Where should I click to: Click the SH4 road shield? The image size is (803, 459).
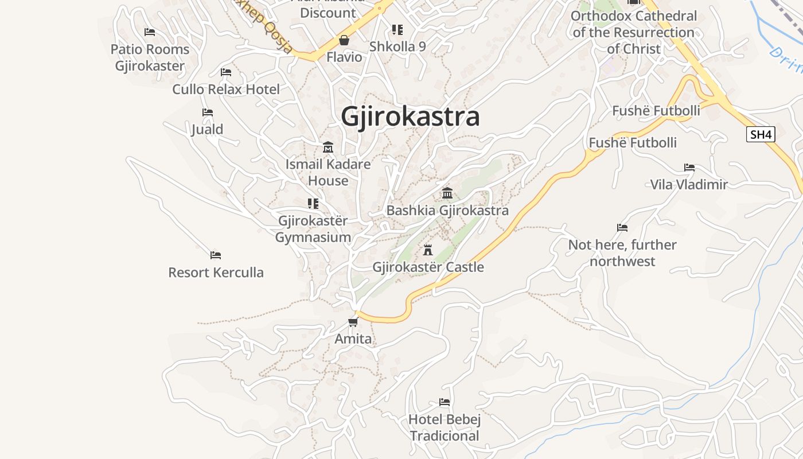coord(761,135)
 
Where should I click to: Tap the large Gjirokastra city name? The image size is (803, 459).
coord(410,116)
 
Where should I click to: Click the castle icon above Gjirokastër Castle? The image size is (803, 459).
coord(427,250)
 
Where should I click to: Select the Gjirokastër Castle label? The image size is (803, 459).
coord(428,267)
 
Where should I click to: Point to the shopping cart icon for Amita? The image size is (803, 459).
coord(353,322)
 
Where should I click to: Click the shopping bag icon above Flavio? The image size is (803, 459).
coord(344,40)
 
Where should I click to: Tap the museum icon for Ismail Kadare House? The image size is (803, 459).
coord(328,147)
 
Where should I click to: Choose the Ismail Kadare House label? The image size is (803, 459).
coord(328,172)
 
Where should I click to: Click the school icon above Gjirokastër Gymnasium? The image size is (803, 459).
coord(313,204)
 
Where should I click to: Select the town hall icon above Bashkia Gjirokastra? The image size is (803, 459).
coord(447,193)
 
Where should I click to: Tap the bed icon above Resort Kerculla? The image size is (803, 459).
coord(216,255)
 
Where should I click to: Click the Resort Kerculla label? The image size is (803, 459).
coord(216,273)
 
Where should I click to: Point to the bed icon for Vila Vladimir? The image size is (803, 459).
coord(689,168)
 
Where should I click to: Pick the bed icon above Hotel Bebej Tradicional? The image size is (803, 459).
coord(445,402)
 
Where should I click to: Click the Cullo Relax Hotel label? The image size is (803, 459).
coord(226,90)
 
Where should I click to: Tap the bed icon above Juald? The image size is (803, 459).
coord(208,112)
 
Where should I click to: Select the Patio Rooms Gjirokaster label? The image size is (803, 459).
coord(150,57)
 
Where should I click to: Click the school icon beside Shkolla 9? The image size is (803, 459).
coord(397,29)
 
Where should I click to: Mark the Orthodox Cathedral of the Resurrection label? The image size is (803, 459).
coord(634,33)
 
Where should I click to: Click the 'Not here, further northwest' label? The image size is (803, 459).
coord(622,253)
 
